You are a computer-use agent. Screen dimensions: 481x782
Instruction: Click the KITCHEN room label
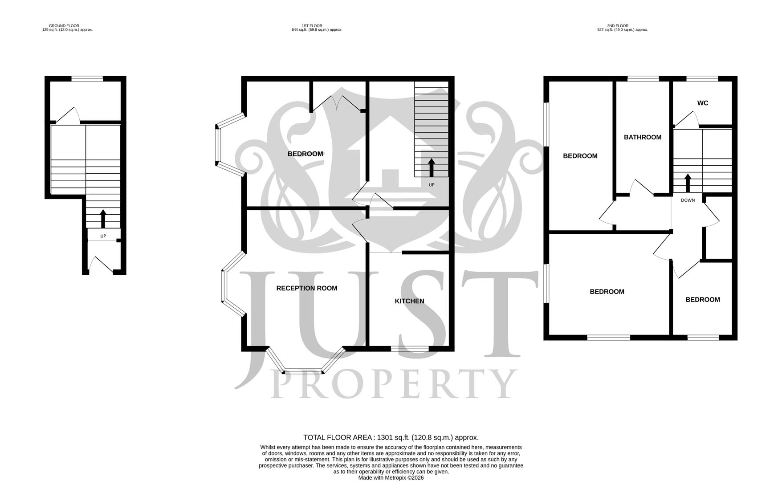pyautogui.click(x=409, y=301)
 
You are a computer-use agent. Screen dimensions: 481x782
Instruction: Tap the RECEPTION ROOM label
pyautogui.click(x=306, y=288)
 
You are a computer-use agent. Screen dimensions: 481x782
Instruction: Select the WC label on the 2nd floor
pyautogui.click(x=702, y=103)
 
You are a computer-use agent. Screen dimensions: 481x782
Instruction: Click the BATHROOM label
pyautogui.click(x=642, y=137)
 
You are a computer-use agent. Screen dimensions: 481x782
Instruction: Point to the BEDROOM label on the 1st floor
pyautogui.click(x=305, y=154)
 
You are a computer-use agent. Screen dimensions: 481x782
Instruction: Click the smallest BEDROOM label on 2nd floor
pyautogui.click(x=702, y=300)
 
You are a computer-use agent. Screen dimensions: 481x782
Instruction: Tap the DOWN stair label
pyautogui.click(x=687, y=200)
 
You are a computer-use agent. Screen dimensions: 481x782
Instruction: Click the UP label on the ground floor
pyautogui.click(x=103, y=236)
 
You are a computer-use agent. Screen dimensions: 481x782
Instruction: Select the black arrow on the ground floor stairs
pyautogui.click(x=103, y=219)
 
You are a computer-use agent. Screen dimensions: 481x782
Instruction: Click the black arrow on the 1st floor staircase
pyautogui.click(x=431, y=167)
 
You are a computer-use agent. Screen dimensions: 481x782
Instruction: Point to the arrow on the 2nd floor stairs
pyautogui.click(x=687, y=183)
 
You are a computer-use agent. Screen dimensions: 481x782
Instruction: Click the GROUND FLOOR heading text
pyautogui.click(x=64, y=26)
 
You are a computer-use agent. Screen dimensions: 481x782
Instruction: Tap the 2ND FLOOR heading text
pyautogui.click(x=618, y=26)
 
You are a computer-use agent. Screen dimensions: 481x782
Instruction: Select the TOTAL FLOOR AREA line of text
pyautogui.click(x=391, y=437)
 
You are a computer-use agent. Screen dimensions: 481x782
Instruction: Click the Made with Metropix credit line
pyautogui.click(x=391, y=477)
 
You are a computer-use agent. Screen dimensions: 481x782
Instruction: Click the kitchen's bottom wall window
pyautogui.click(x=410, y=349)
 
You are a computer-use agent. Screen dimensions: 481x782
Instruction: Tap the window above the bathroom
pyautogui.click(x=643, y=79)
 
